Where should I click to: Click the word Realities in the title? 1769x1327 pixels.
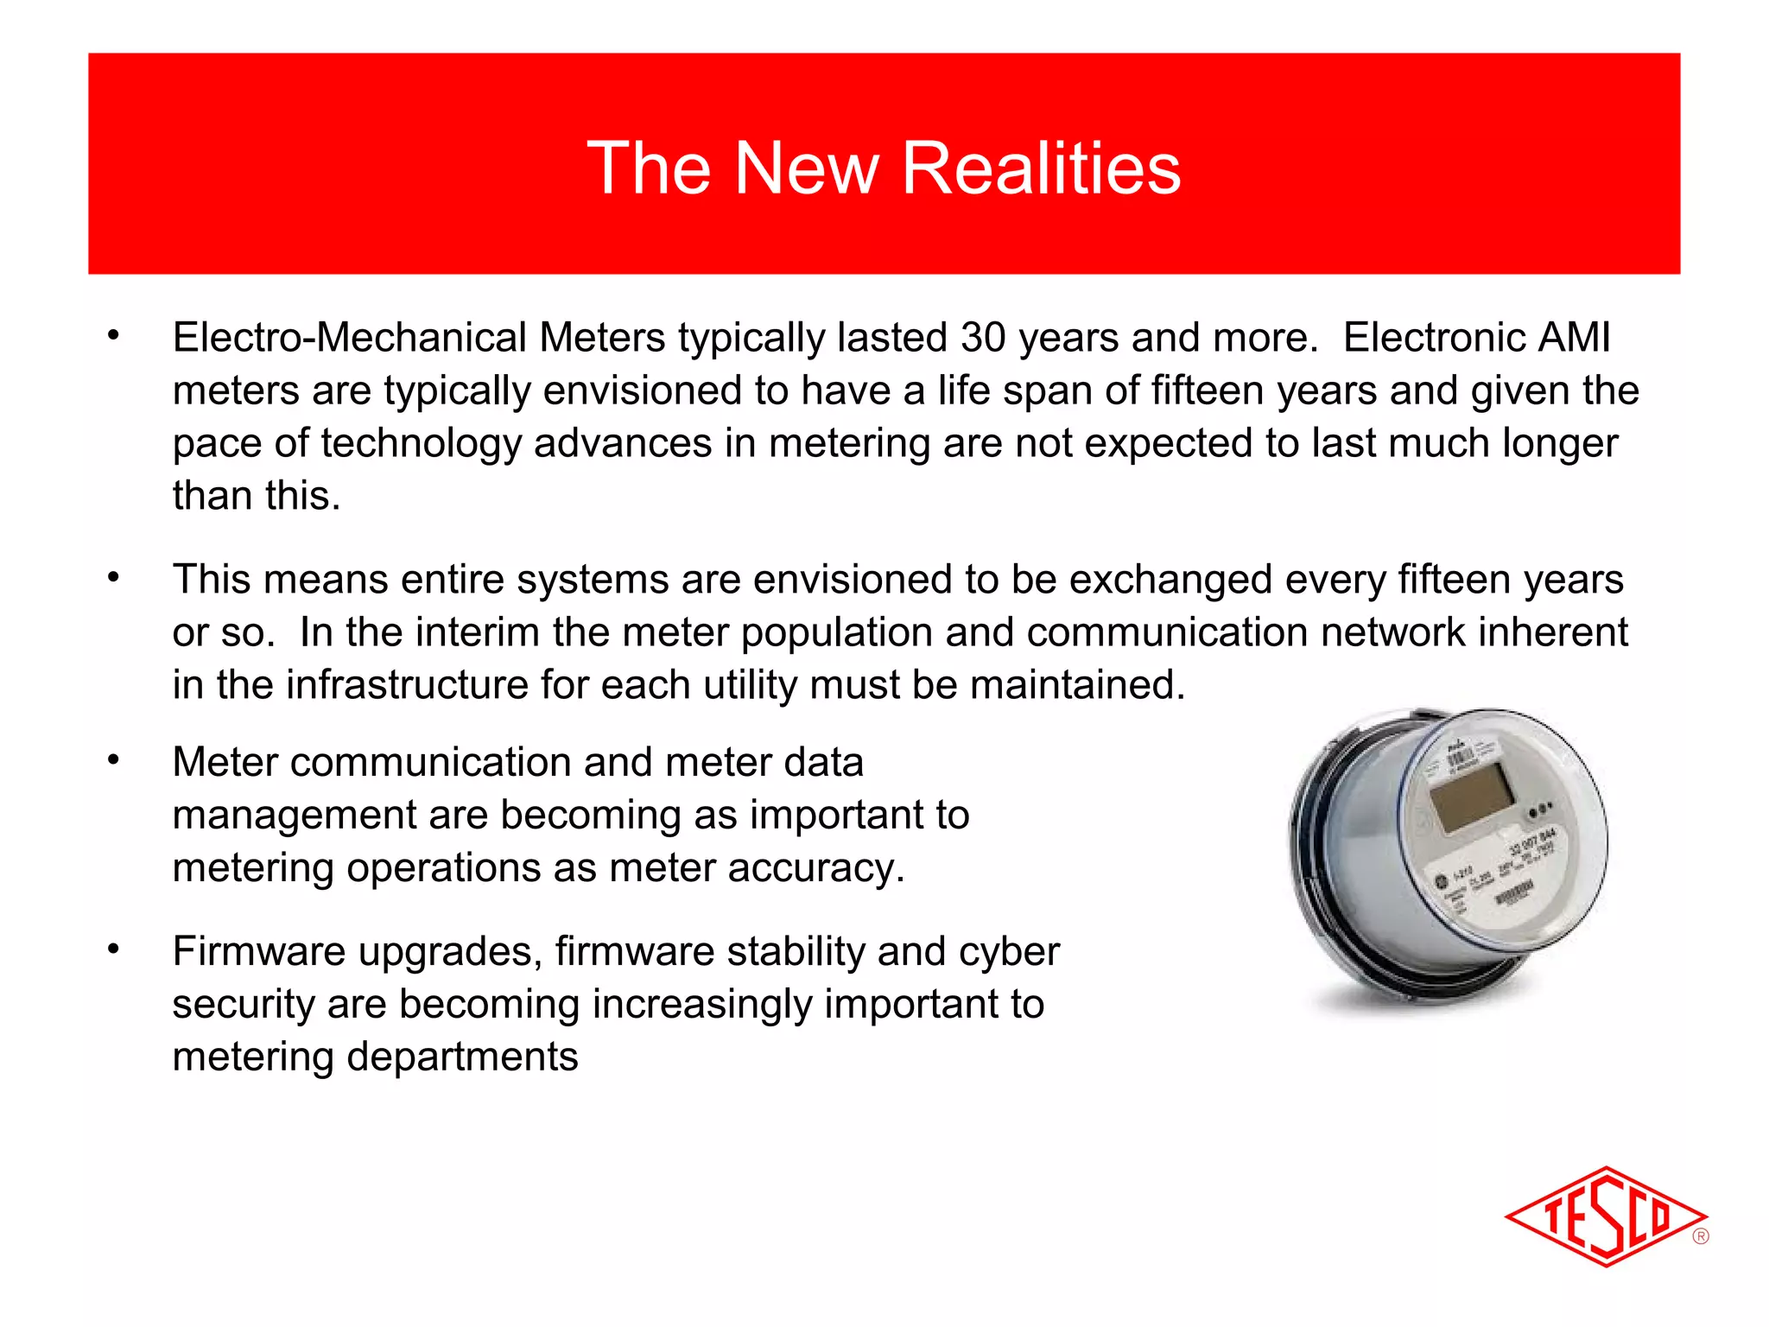click(1041, 168)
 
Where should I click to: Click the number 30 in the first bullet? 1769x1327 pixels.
click(983, 338)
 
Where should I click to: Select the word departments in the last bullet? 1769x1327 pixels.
click(462, 1057)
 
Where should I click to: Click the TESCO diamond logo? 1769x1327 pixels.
click(1605, 1216)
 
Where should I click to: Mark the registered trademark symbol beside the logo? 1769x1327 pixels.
click(1701, 1236)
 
